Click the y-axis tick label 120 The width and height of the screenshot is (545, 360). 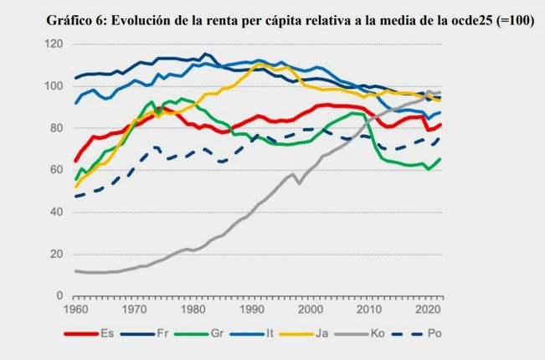pos(53,44)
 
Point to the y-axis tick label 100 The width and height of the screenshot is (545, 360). pos(53,85)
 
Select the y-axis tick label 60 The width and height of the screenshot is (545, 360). pos(55,169)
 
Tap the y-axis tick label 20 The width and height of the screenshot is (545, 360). pos(55,253)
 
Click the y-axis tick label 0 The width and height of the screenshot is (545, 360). pos(59,295)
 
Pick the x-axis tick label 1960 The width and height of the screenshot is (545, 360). pos(76,309)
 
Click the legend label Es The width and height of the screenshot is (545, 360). pos(107,333)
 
